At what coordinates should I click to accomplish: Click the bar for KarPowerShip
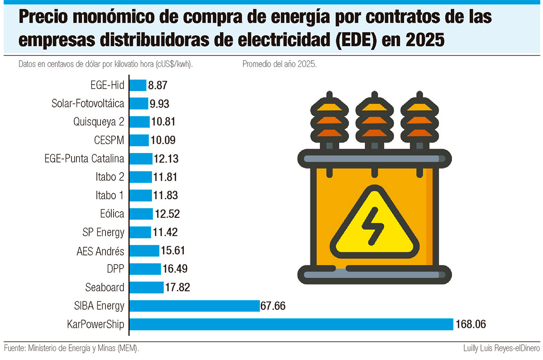click(292, 324)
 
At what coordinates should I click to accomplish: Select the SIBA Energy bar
click(195, 306)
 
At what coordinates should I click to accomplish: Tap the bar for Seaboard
click(147, 287)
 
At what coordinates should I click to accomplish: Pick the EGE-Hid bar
click(138, 85)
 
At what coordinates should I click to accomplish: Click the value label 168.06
click(473, 324)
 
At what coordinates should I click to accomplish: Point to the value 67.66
click(273, 306)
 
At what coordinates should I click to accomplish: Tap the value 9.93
click(160, 104)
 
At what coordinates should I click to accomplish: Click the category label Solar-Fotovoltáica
click(88, 104)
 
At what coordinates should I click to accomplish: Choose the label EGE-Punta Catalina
click(84, 158)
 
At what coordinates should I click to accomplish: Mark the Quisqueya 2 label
click(99, 122)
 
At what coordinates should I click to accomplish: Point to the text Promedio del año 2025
click(279, 64)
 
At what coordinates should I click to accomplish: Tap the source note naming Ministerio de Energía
click(71, 348)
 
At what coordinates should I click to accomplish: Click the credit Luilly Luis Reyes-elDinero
click(501, 348)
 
